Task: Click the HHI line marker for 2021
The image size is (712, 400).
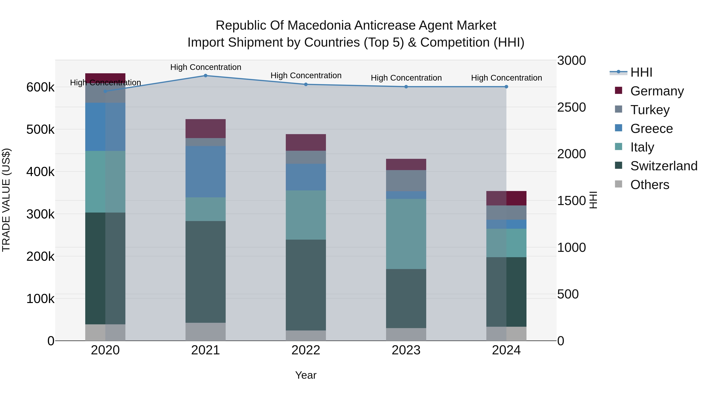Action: coord(205,76)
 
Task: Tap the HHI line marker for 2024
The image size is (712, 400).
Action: coord(506,87)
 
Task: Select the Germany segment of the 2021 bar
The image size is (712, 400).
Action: coord(205,129)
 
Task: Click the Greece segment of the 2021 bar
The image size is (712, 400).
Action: coord(205,172)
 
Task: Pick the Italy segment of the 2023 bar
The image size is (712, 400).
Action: coord(406,234)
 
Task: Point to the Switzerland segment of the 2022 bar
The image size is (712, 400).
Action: coord(306,285)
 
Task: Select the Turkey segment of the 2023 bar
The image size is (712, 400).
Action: coord(406,181)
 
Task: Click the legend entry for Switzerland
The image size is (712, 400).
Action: coord(663,166)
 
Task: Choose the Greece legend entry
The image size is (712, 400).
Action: coord(651,129)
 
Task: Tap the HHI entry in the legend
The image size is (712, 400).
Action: coord(641,72)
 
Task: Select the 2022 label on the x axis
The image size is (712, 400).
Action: coord(306,350)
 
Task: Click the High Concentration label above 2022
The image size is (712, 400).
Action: coord(306,75)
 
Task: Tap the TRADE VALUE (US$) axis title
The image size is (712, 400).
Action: coord(6,200)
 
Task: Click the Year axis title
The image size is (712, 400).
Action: coord(306,375)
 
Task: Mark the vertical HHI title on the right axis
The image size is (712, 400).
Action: coord(593,200)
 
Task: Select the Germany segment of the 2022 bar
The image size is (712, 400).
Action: coord(306,142)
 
